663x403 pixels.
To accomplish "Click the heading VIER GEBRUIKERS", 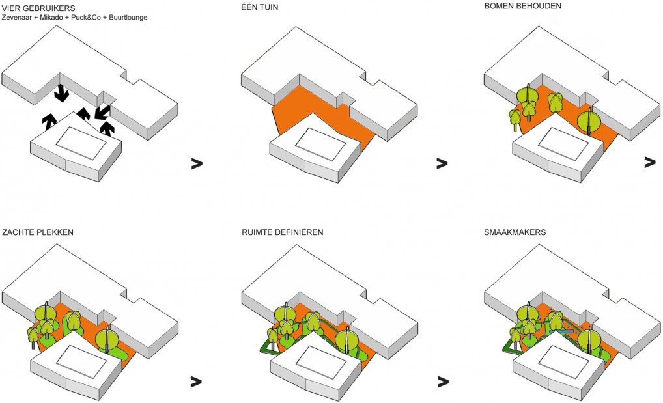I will click(38, 7).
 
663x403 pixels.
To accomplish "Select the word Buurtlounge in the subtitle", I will click(128, 17).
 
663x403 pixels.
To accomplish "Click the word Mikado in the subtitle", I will click(57, 17).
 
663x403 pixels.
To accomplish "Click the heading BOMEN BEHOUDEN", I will click(523, 7).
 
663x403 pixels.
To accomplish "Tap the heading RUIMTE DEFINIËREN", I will click(282, 233).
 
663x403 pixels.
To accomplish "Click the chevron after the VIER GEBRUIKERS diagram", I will click(197, 163).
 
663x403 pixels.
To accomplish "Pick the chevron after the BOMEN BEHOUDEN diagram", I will click(649, 161).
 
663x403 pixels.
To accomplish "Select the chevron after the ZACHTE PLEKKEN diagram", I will click(197, 380).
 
